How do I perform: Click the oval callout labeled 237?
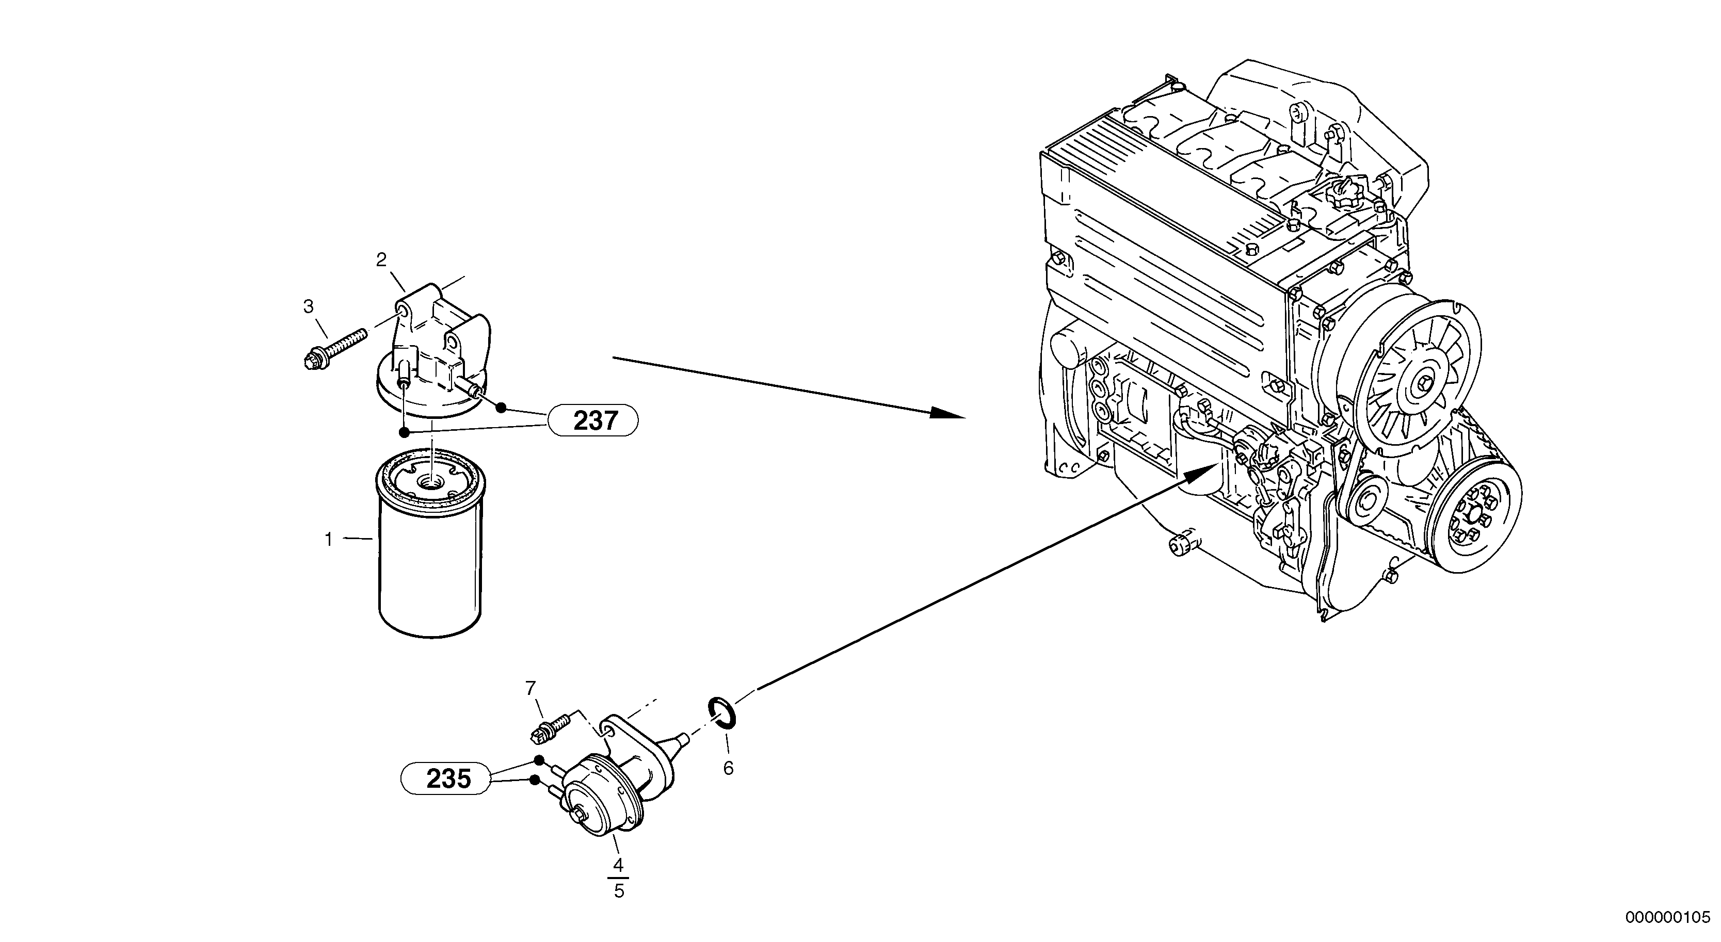[593, 421]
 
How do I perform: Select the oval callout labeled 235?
[447, 779]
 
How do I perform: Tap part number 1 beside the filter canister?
[328, 539]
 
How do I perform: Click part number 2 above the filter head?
[381, 260]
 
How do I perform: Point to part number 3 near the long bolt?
[308, 306]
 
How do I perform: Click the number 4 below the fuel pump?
[618, 865]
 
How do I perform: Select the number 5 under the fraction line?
[619, 891]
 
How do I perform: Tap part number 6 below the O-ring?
[728, 768]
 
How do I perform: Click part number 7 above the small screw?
[530, 688]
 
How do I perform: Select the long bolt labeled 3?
[334, 348]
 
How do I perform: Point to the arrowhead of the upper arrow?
[948, 413]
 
